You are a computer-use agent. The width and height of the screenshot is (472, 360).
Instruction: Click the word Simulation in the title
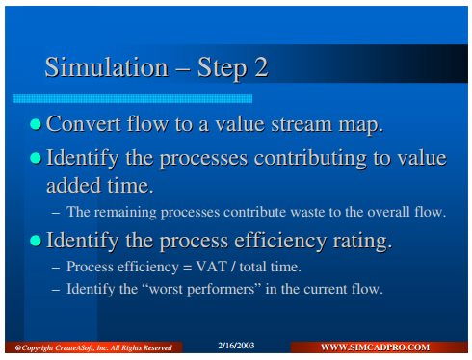point(107,67)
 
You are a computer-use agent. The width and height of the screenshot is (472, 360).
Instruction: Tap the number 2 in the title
point(262,67)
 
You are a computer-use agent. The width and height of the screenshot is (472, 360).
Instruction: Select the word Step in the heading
point(223,69)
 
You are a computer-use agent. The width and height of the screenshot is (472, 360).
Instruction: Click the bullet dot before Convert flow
point(36,124)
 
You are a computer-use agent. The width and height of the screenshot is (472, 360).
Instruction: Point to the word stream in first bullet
point(302,124)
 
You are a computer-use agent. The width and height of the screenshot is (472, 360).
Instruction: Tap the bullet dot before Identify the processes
point(36,158)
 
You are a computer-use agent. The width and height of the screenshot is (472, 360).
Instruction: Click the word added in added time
point(73,186)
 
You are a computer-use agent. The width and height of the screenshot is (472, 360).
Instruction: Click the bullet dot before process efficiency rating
point(36,241)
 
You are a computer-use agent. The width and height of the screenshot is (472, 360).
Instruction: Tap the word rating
point(362,242)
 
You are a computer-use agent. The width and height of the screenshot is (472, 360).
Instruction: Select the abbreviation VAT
point(212,267)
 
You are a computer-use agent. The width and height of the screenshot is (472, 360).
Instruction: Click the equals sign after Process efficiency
point(187,268)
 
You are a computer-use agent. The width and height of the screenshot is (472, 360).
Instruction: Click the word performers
point(222,290)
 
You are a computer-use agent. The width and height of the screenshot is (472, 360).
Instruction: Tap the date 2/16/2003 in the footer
point(236,346)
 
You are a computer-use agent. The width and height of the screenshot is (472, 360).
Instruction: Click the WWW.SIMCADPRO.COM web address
point(375,347)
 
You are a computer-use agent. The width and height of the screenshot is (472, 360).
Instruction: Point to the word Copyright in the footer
point(38,348)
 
